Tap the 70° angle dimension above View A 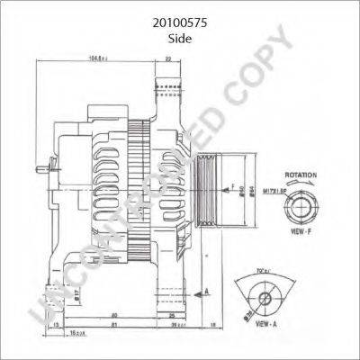point(264,270)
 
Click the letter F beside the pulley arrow point(232,185)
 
